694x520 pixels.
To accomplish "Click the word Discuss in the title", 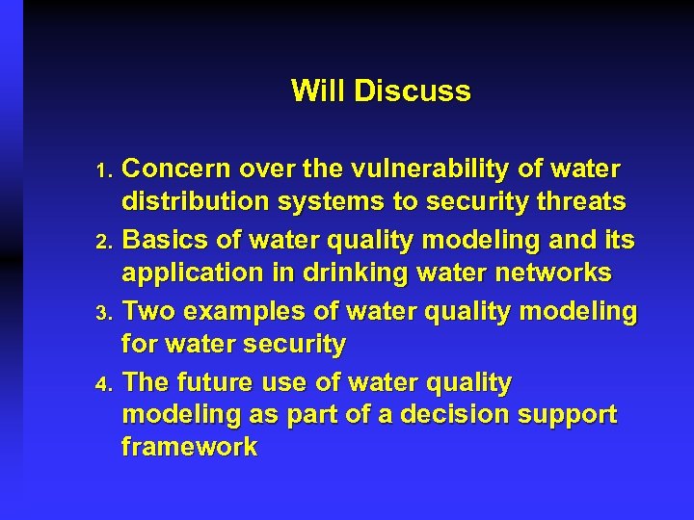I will (413, 91).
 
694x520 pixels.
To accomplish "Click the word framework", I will (189, 448).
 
